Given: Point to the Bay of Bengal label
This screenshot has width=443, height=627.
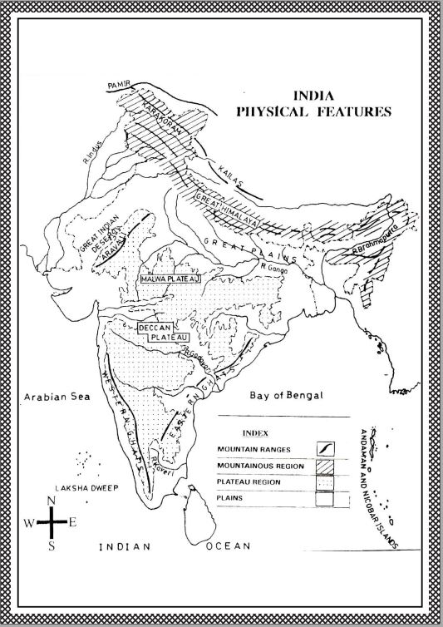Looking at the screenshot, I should pos(286,397).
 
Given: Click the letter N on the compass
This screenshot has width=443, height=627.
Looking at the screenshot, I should pos(52,500).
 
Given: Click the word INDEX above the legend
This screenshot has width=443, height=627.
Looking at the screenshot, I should pos(253,433).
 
